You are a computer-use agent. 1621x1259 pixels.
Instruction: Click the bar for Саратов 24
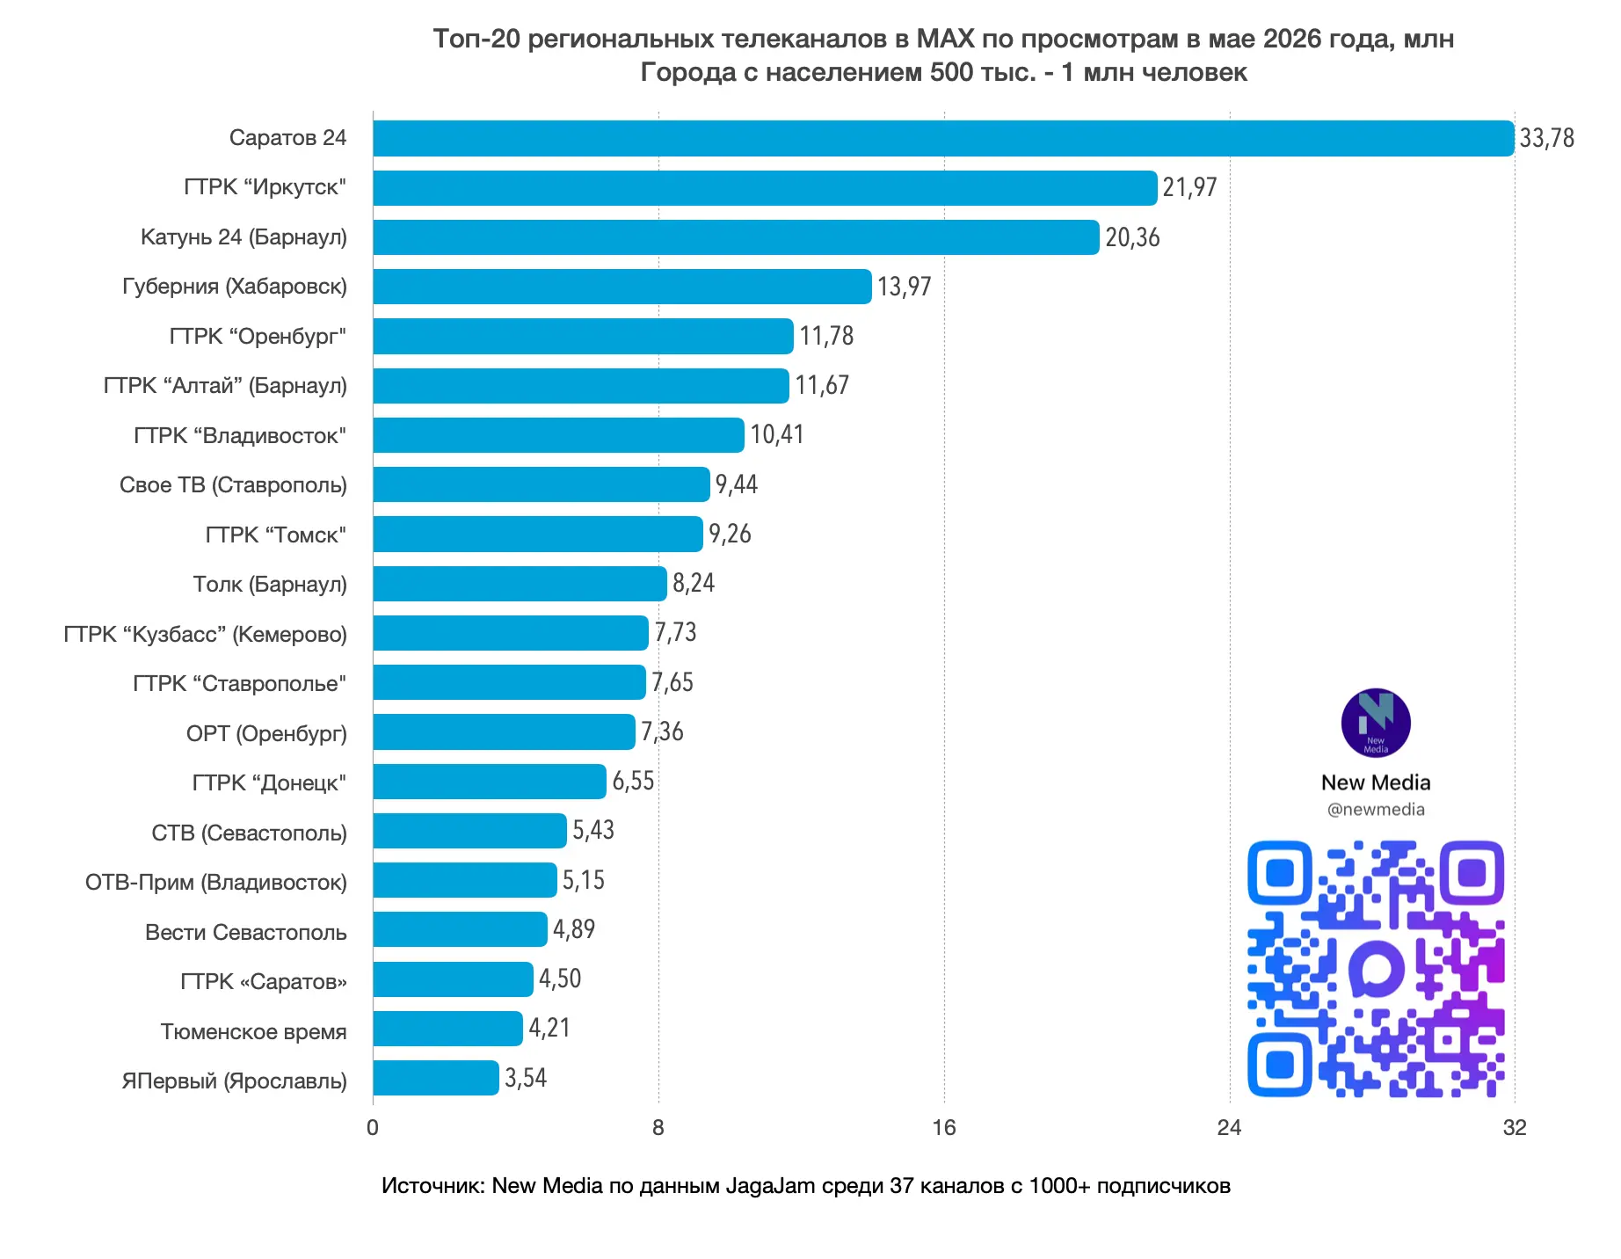click(943, 138)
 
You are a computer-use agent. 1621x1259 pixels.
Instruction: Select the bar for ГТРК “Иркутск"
click(765, 187)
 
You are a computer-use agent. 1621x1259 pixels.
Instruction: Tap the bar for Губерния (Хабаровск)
click(622, 287)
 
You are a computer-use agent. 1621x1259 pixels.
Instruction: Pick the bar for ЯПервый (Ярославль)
click(436, 1078)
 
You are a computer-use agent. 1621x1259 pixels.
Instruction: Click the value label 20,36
click(1132, 237)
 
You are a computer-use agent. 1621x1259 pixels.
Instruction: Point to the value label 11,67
click(822, 385)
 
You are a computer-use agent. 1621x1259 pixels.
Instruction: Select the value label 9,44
click(737, 484)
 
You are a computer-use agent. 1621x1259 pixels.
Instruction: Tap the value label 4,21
click(549, 1028)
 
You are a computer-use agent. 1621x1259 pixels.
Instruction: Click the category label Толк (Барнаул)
click(270, 584)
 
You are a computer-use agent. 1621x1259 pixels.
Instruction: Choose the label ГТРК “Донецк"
click(269, 782)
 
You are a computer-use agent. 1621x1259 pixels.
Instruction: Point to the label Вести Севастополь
click(246, 932)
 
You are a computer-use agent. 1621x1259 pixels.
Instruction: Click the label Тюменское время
click(253, 1031)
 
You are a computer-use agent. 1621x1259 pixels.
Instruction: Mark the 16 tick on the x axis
click(943, 1128)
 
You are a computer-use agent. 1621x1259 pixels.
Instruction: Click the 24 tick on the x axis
click(1229, 1128)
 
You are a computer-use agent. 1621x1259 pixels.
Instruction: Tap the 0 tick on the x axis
click(373, 1128)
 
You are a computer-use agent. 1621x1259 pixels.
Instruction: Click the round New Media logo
click(1376, 723)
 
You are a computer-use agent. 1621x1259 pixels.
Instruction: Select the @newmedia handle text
click(1376, 809)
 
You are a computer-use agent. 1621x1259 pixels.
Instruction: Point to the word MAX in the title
click(945, 39)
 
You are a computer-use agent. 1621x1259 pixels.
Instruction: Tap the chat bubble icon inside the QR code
click(1377, 969)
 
